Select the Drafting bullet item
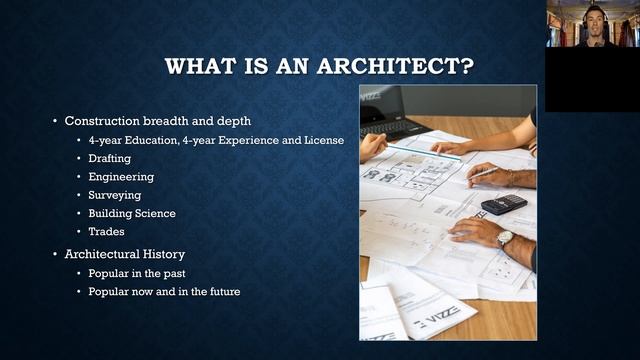[109, 158]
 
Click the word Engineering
[120, 176]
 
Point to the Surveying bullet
[114, 195]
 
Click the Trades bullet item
[106, 231]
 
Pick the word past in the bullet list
[173, 273]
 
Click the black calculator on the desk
[503, 204]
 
